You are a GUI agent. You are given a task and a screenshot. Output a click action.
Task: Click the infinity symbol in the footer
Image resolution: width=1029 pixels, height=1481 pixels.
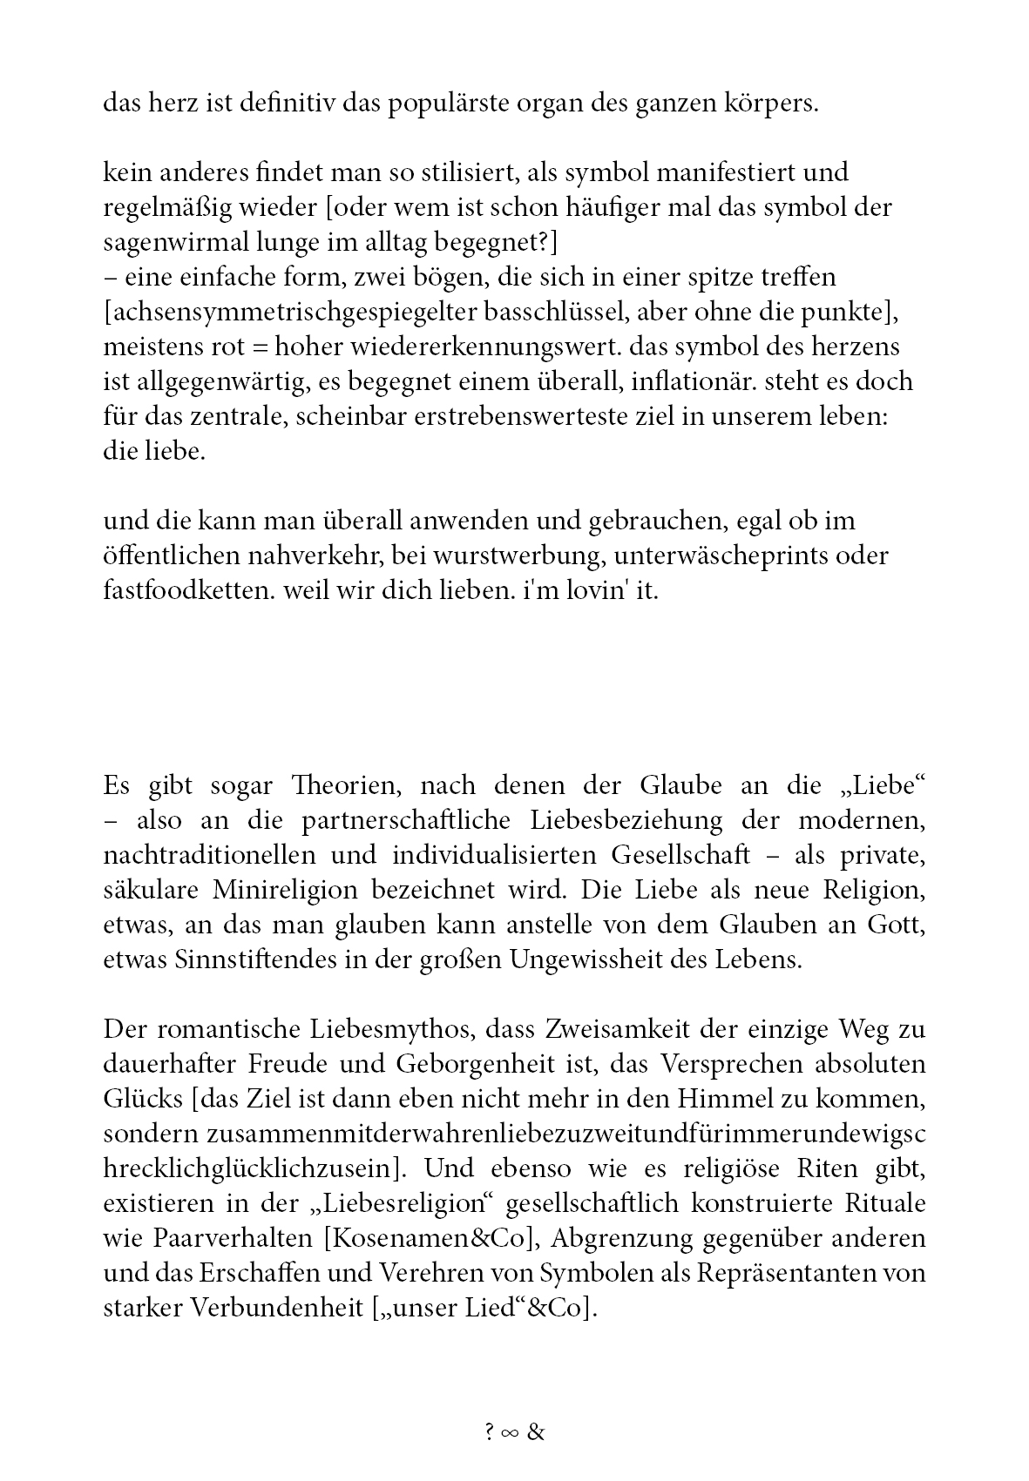511,1433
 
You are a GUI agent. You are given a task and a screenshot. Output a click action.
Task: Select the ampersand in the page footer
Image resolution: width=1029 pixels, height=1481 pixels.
536,1432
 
